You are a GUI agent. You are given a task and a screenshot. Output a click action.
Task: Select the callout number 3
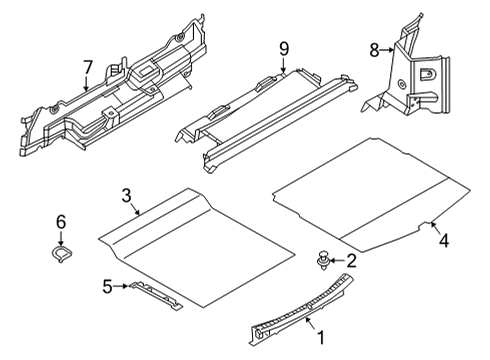click(127, 194)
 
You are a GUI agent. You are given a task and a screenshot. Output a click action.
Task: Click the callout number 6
click(61, 221)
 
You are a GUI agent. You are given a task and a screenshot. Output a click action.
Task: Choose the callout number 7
click(87, 67)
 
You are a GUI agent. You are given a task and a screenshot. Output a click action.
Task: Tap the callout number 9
click(283, 48)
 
